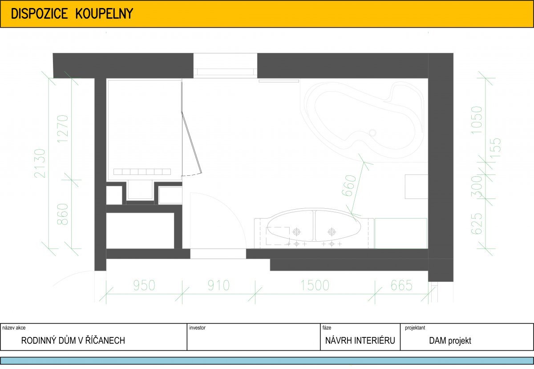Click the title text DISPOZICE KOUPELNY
[72, 14]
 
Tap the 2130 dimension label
[40, 163]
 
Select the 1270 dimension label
[63, 129]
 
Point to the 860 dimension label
[63, 214]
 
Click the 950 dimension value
[144, 285]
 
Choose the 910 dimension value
[218, 285]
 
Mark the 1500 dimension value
[315, 285]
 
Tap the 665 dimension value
[401, 285]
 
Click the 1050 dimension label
[477, 120]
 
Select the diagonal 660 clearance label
[349, 186]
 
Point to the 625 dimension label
[477, 223]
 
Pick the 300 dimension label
[477, 187]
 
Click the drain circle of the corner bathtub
[372, 133]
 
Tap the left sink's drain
[296, 231]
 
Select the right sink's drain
[332, 231]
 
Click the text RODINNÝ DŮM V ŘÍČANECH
[73, 341]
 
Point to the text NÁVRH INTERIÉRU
[360, 341]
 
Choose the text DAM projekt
[450, 341]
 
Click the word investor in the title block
[197, 328]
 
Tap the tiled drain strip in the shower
[142, 172]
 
